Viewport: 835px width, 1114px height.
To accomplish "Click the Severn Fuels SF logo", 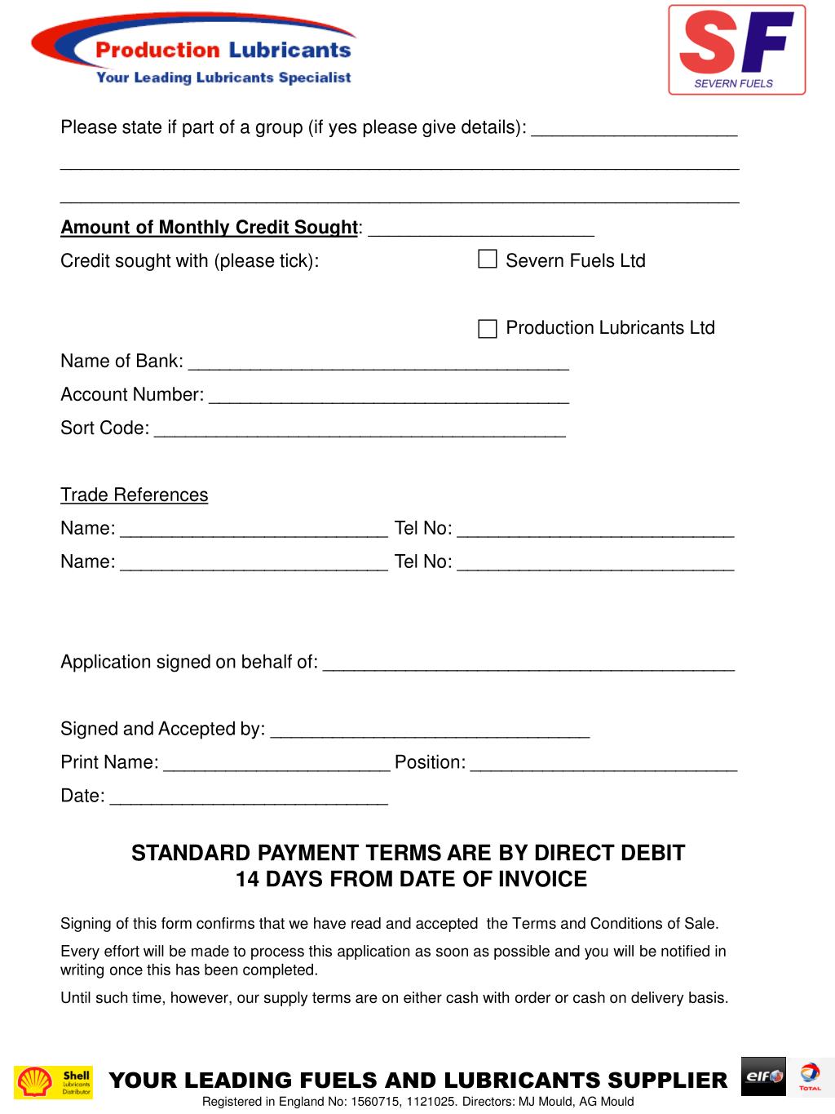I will (736, 50).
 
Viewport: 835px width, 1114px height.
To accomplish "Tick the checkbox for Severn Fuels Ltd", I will (487, 260).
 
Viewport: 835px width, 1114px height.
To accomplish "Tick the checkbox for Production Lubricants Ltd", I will (487, 328).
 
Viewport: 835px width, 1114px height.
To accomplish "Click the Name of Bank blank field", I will (378, 362).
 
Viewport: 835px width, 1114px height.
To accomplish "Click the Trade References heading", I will (134, 495).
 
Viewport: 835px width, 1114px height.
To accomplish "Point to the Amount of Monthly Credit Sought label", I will (209, 227).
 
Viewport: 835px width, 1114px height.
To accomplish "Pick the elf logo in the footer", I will (763, 1076).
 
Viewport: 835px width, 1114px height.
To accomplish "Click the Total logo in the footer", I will (810, 1076).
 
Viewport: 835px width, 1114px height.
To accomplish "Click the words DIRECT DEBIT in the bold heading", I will (609, 853).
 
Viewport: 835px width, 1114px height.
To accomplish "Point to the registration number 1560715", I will (373, 1102).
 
